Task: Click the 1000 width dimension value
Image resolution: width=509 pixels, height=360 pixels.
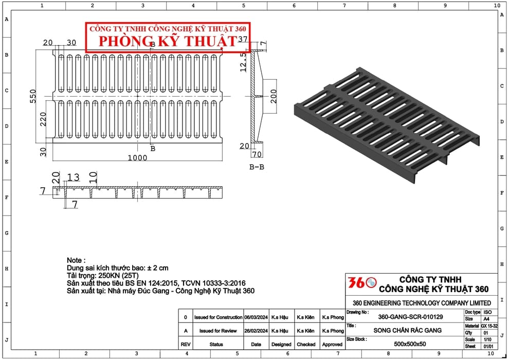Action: pyautogui.click(x=137, y=158)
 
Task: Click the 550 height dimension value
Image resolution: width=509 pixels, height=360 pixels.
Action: pyautogui.click(x=33, y=96)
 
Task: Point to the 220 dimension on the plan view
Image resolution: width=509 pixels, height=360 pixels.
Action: pyautogui.click(x=43, y=119)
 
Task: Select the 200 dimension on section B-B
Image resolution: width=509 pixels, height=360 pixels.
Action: pyautogui.click(x=274, y=96)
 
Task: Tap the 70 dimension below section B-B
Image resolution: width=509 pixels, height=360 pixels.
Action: pyautogui.click(x=257, y=154)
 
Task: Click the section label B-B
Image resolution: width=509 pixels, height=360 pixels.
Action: pyautogui.click(x=257, y=167)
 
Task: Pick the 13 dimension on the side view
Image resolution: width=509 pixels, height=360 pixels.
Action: pyautogui.click(x=74, y=177)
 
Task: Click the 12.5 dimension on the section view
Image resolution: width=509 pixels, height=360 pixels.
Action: pyautogui.click(x=243, y=62)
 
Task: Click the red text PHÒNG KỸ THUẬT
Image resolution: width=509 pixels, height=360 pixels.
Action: pyautogui.click(x=168, y=41)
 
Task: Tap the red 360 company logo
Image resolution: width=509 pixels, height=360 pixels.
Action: pyautogui.click(x=362, y=282)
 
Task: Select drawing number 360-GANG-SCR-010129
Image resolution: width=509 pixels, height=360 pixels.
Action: pyautogui.click(x=410, y=317)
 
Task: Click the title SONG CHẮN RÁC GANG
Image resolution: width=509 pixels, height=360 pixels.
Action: pyautogui.click(x=407, y=331)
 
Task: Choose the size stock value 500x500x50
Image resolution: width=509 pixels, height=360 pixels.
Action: pyautogui.click(x=410, y=344)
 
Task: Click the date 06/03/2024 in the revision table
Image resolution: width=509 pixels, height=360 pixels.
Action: pyautogui.click(x=256, y=317)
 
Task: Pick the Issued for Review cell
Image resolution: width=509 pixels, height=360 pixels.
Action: pyautogui.click(x=218, y=331)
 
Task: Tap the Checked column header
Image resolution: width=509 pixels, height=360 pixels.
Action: pyautogui.click(x=306, y=345)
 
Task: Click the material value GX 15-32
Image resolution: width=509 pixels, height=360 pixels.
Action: pyautogui.click(x=489, y=326)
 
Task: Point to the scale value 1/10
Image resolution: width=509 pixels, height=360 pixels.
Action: pyautogui.click(x=487, y=339)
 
